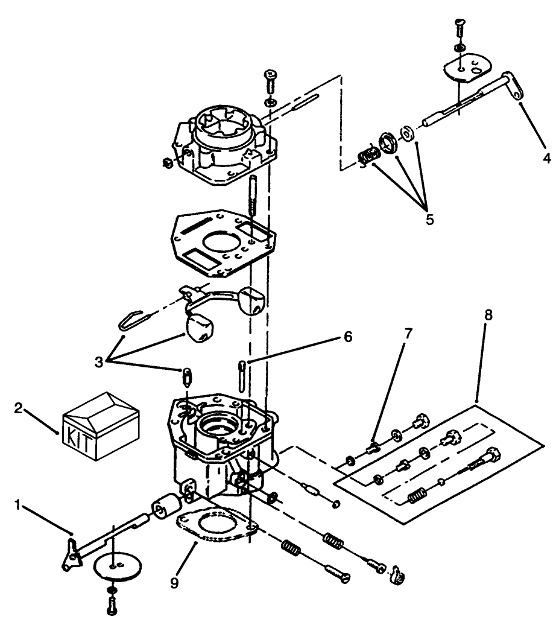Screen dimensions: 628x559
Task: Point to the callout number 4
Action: tap(546, 159)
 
